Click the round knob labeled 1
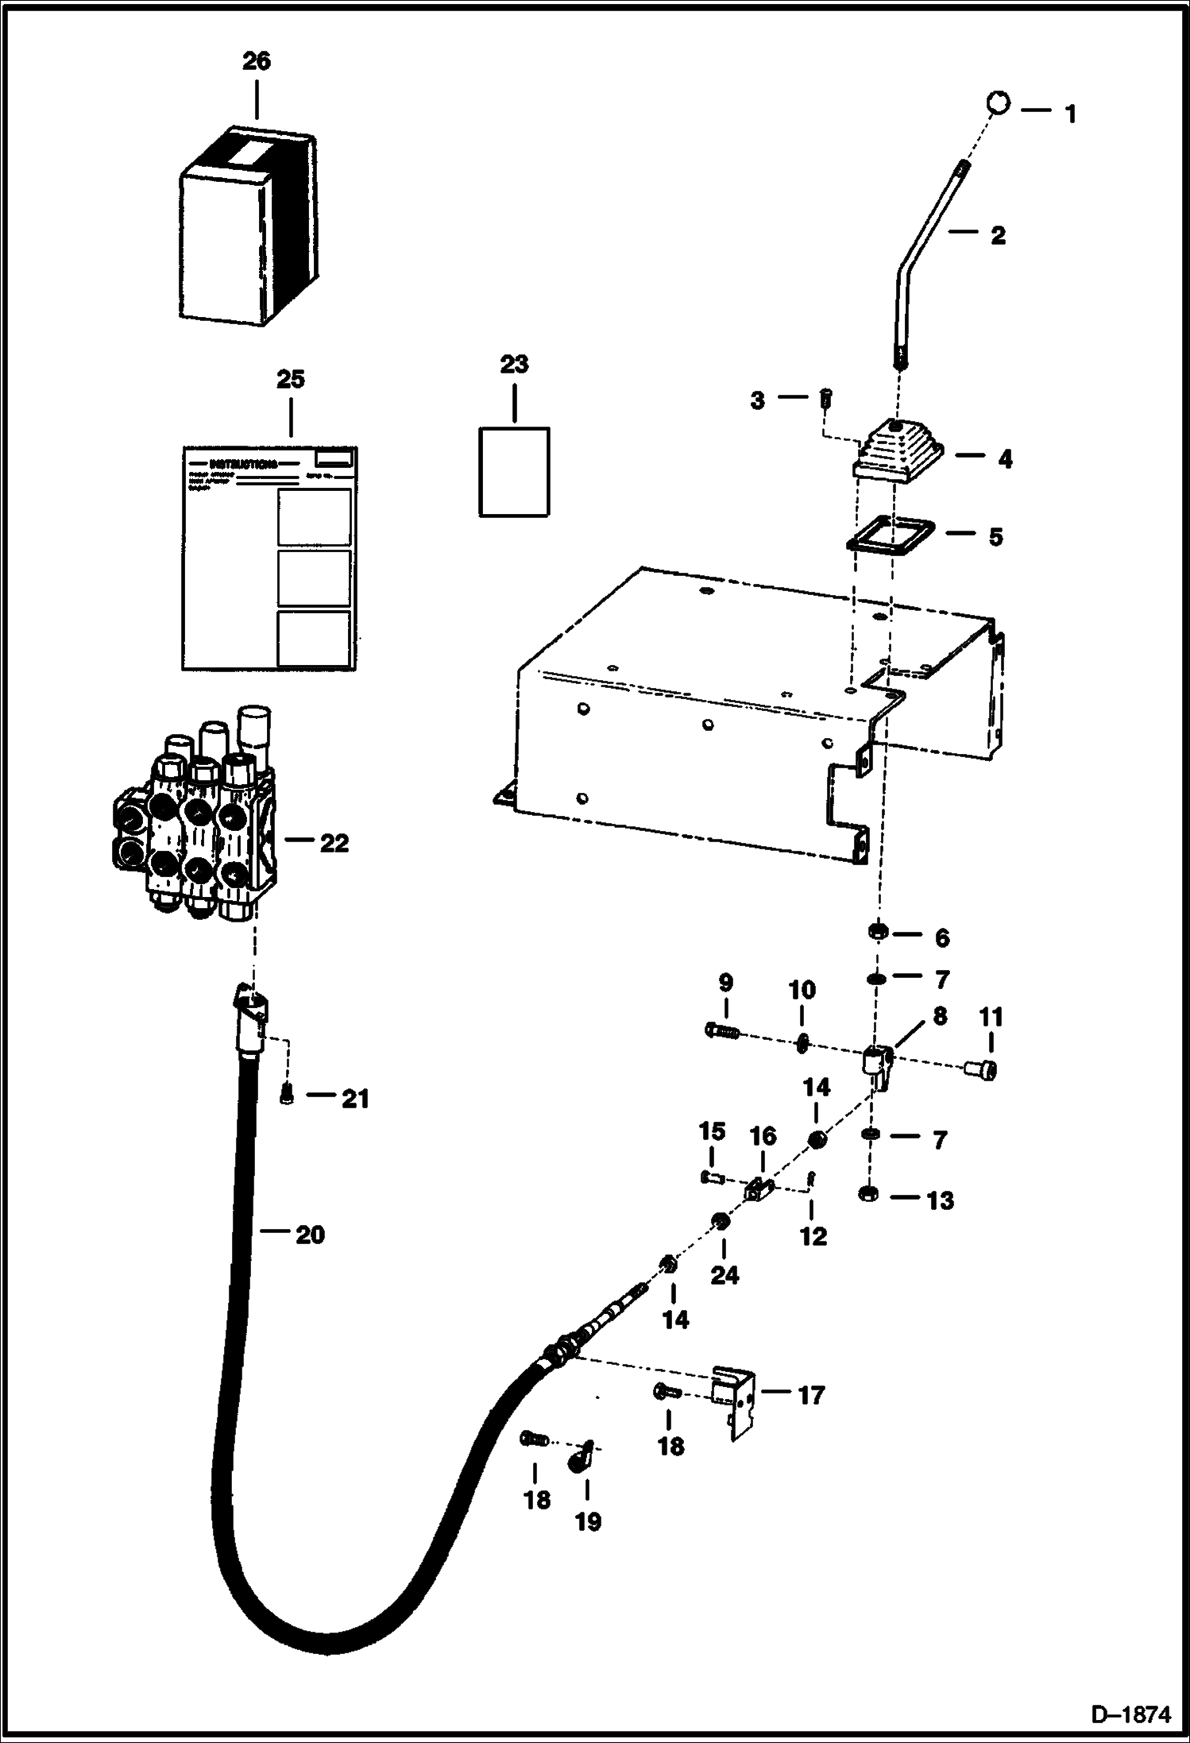999,102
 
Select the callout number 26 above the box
256,61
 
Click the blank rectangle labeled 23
514,472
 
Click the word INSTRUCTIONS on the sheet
242,464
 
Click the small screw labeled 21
288,1096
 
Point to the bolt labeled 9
722,1032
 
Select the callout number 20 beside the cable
310,1235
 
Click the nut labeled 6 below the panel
879,930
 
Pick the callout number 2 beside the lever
997,235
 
